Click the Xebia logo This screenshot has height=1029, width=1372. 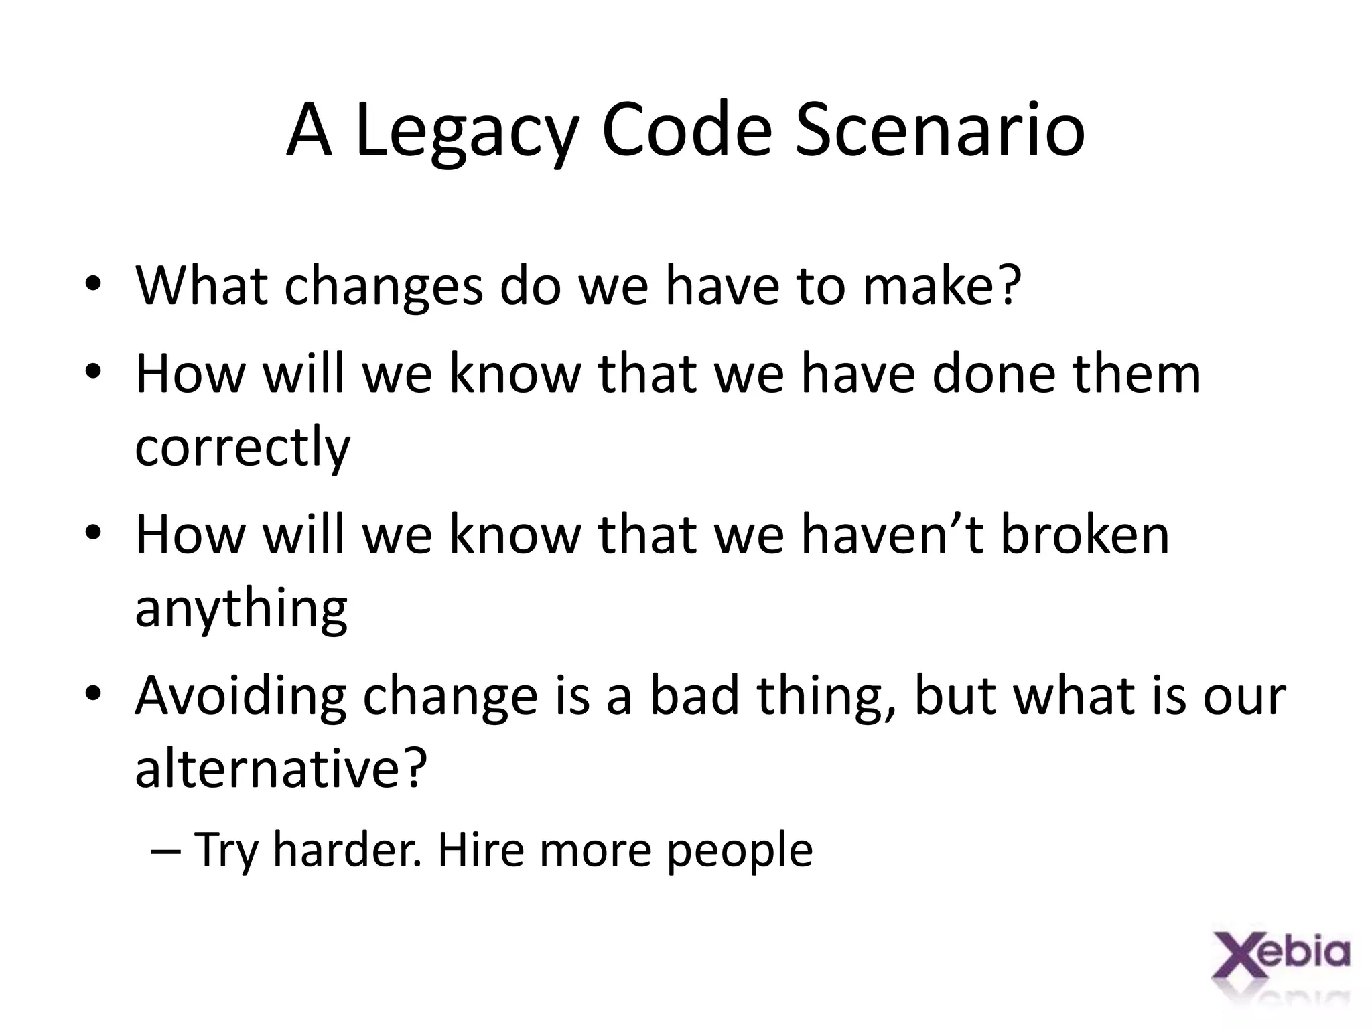1280,962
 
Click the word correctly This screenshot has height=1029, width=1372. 243,448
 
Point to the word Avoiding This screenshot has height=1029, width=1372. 241,697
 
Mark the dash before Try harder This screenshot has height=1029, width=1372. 166,851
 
